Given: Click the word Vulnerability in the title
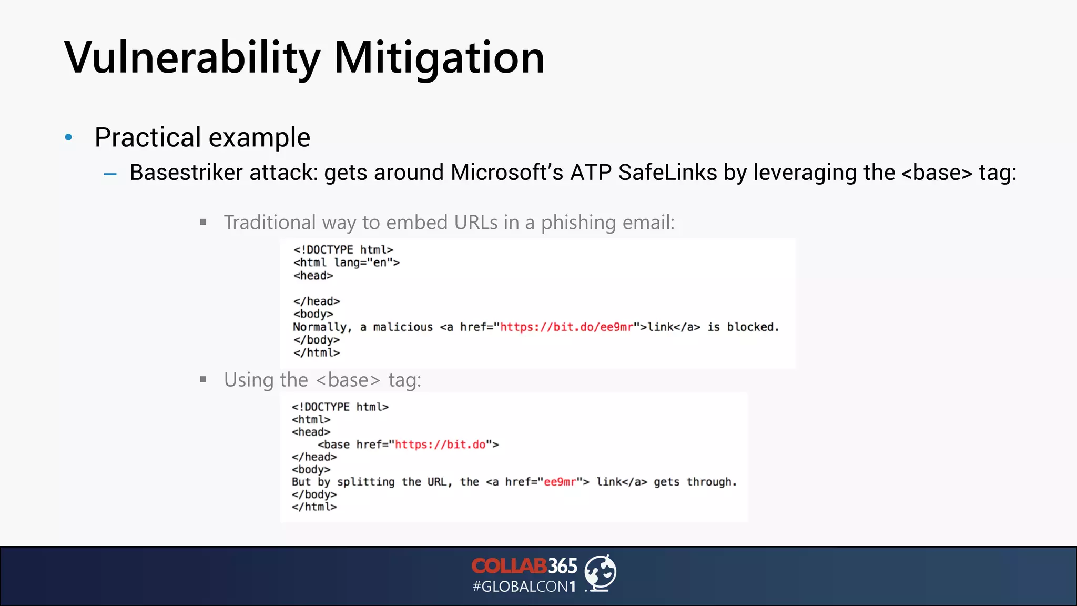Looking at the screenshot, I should pyautogui.click(x=192, y=58).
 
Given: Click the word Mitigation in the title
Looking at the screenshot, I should pyautogui.click(x=439, y=58).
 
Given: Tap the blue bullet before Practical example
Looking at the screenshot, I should pyautogui.click(x=68, y=138).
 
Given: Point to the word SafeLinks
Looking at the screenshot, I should pyautogui.click(x=667, y=173).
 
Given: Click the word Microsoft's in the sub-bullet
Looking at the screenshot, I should pyautogui.click(x=507, y=173).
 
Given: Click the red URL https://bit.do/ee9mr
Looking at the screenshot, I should pyautogui.click(x=566, y=327).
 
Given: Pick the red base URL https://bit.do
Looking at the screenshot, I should pyautogui.click(x=440, y=445).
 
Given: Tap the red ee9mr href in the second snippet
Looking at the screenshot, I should pyautogui.click(x=560, y=482).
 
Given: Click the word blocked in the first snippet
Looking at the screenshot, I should pyautogui.click(x=750, y=327).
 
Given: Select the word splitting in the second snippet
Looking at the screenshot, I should pyautogui.click(x=365, y=482).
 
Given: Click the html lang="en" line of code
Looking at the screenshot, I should pyautogui.click(x=347, y=262).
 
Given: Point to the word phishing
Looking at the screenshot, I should pyautogui.click(x=578, y=223).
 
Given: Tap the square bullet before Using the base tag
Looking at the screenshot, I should pyautogui.click(x=204, y=379).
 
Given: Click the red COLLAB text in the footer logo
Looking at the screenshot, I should pyautogui.click(x=509, y=566).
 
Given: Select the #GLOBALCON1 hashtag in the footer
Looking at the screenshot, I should pyautogui.click(x=524, y=587).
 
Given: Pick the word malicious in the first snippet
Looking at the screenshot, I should pyautogui.click(x=403, y=327).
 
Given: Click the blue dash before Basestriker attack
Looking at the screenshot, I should pyautogui.click(x=110, y=174).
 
